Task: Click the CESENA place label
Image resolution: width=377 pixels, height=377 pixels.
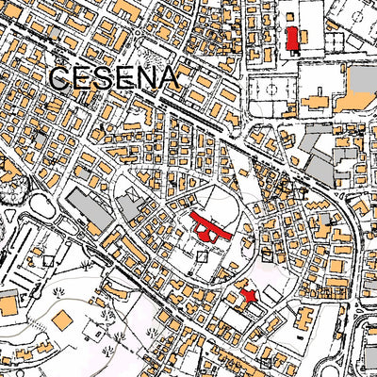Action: coord(113,77)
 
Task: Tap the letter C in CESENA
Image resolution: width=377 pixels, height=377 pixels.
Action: coord(60,77)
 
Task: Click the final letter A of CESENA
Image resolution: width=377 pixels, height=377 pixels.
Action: coord(167,77)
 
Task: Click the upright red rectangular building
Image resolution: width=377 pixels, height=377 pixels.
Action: coord(291,39)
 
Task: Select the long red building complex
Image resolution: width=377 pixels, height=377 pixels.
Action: coord(210,228)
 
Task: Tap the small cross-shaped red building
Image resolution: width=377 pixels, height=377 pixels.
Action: coord(249,295)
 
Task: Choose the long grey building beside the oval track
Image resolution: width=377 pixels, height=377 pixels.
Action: coord(90,210)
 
